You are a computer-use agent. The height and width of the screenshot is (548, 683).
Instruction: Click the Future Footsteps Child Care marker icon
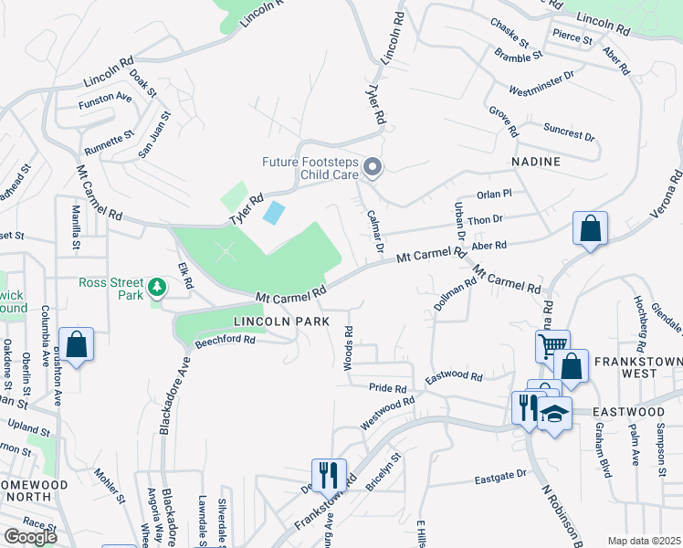tap(372, 167)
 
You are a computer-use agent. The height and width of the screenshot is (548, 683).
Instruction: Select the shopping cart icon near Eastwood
tap(552, 345)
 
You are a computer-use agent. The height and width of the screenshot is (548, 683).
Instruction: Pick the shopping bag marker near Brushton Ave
tap(77, 344)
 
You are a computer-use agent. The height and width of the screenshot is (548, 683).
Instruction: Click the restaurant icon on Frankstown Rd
tap(329, 474)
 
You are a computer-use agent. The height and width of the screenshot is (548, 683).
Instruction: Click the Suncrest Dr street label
tap(569, 130)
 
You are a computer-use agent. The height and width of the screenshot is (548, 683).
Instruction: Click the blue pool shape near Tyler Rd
tap(272, 213)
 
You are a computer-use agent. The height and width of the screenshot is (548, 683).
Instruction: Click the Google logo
tap(30, 537)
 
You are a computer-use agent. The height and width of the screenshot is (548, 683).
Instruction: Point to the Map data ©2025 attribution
tap(644, 541)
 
